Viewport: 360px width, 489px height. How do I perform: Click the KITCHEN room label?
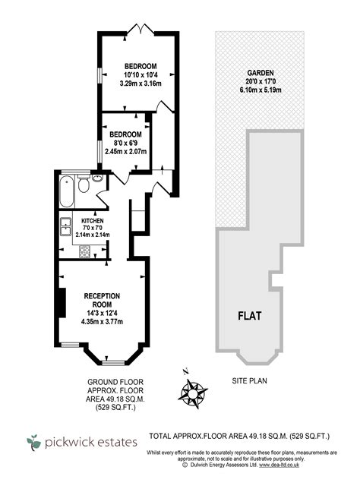click(93, 220)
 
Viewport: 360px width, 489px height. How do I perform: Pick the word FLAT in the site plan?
click(253, 314)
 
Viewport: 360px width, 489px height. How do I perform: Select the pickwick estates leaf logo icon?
click(35, 440)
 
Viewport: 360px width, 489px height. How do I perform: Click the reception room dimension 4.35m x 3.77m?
click(103, 322)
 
